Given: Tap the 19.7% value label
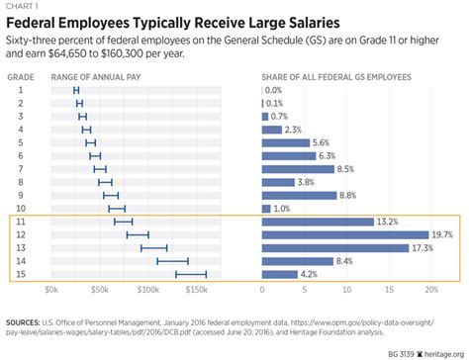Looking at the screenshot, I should click(x=442, y=234).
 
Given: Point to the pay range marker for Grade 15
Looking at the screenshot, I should click(x=191, y=274).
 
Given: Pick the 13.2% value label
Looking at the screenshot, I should click(x=389, y=222).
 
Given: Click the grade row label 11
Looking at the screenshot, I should click(x=19, y=222).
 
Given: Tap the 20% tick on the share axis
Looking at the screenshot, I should click(x=430, y=290).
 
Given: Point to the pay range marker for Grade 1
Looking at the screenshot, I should click(x=76, y=90).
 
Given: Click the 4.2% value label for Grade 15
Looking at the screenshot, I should click(x=311, y=274).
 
